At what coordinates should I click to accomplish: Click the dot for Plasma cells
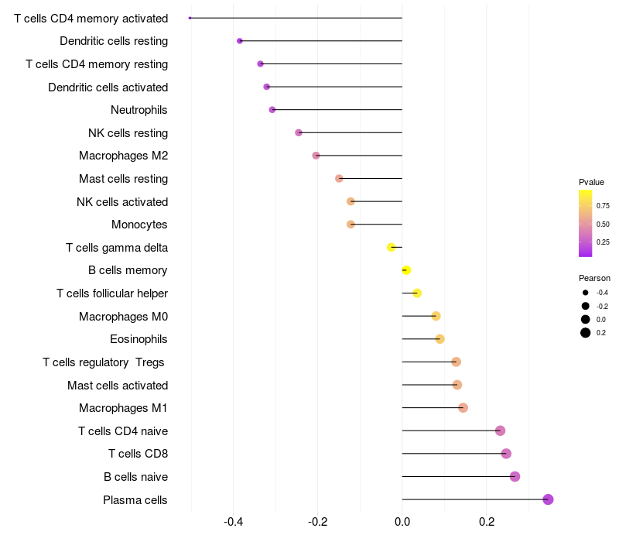pyautogui.click(x=548, y=499)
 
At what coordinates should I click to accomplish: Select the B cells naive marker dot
pyautogui.click(x=515, y=476)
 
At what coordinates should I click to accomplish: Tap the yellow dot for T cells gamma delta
pyautogui.click(x=392, y=247)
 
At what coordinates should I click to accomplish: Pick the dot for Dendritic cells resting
pyautogui.click(x=240, y=41)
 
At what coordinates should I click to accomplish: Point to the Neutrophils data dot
pyautogui.click(x=272, y=110)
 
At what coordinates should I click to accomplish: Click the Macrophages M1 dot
pyautogui.click(x=463, y=408)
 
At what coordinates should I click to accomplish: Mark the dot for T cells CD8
pyautogui.click(x=506, y=454)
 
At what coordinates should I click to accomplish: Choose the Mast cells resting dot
pyautogui.click(x=339, y=179)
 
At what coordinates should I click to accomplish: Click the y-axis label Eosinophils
pyautogui.click(x=139, y=339)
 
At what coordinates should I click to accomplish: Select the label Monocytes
pyautogui.click(x=139, y=225)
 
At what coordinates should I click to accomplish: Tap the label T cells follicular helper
pyautogui.click(x=112, y=293)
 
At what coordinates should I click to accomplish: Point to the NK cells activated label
pyautogui.click(x=122, y=202)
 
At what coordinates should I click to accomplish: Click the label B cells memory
pyautogui.click(x=128, y=270)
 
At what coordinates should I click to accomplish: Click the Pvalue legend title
pyautogui.click(x=591, y=182)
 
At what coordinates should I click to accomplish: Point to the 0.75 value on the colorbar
pyautogui.click(x=602, y=205)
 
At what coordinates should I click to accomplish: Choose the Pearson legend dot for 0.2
pyautogui.click(x=586, y=333)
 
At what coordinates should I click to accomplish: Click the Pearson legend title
pyautogui.click(x=594, y=278)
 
